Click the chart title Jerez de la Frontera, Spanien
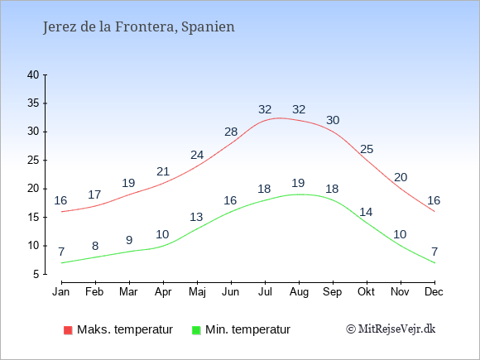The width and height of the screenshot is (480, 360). (139, 26)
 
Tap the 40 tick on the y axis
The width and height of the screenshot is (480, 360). (33, 74)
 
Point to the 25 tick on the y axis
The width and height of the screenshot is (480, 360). (33, 160)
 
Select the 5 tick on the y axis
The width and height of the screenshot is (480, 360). (36, 274)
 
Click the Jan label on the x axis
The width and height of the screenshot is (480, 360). (60, 292)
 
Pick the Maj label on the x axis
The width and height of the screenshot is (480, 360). (197, 292)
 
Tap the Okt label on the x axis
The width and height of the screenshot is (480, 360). (367, 292)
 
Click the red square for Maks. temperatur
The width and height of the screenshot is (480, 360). (67, 330)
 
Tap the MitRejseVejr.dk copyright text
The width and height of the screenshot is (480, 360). (391, 329)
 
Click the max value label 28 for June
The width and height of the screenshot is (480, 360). (231, 132)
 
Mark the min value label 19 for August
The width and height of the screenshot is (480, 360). (299, 183)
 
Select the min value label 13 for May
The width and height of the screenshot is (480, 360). (197, 218)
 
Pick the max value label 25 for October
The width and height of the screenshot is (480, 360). (367, 149)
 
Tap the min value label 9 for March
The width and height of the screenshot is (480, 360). (129, 240)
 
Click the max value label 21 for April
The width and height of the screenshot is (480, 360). (163, 171)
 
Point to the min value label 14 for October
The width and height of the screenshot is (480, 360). (367, 212)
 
